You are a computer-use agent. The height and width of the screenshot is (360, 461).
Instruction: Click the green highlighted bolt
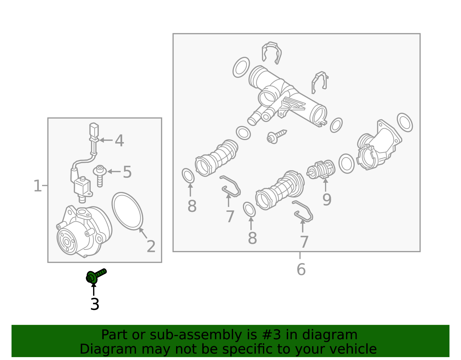pyautogui.click(x=96, y=276)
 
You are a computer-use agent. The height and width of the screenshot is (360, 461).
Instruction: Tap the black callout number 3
pyautogui.click(x=95, y=304)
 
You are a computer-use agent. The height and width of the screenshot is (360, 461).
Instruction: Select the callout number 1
pyautogui.click(x=37, y=186)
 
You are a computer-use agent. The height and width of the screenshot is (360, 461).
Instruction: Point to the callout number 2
pyautogui.click(x=151, y=246)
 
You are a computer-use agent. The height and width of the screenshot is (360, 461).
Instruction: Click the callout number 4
pyautogui.click(x=119, y=140)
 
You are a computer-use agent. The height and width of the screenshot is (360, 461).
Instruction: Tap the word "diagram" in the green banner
pyautogui.click(x=330, y=335)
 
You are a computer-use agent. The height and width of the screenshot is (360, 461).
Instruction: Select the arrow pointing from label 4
pyautogui.click(x=106, y=140)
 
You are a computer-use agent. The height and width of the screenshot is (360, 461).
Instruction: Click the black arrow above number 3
pyautogui.click(x=94, y=289)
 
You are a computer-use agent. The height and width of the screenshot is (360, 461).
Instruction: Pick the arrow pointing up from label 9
pyautogui.click(x=325, y=185)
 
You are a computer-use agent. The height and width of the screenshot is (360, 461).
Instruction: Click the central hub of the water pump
pyautogui.click(x=67, y=242)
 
